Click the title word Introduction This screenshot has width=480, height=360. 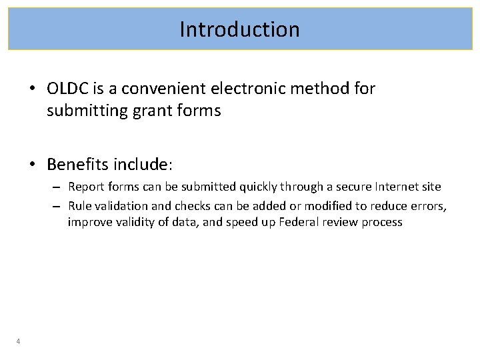click(239, 29)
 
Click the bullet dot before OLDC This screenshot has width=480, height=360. click(33, 89)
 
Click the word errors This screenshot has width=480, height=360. click(430, 207)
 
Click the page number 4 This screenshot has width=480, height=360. click(18, 342)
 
